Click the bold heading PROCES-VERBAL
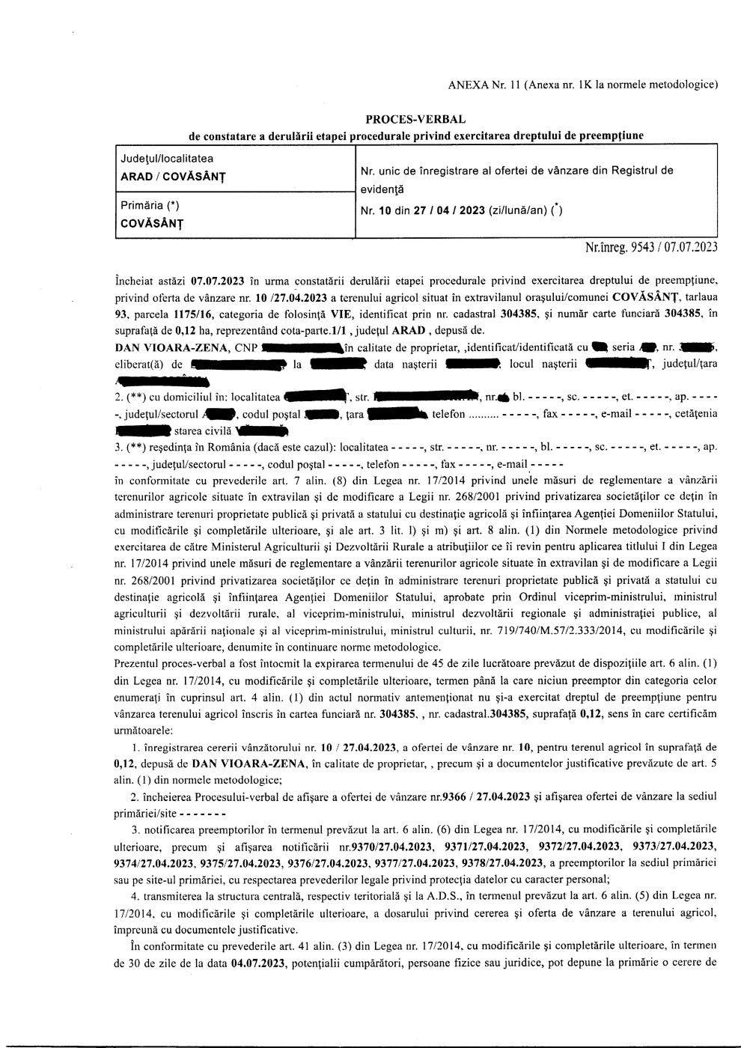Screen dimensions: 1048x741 tap(415, 120)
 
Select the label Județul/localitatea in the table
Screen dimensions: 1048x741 tap(167, 159)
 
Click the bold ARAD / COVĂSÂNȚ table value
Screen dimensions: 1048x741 tap(173, 177)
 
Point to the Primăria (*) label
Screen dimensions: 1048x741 tap(150, 205)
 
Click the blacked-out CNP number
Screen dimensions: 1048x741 tap(303, 348)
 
